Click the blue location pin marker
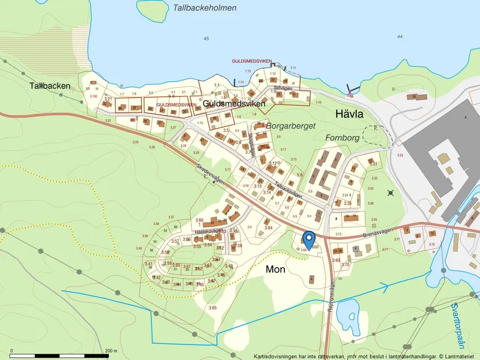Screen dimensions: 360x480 (308, 238)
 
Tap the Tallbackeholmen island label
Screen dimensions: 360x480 (205, 8)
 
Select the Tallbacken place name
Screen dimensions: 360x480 (50, 86)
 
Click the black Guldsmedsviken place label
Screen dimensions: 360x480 (233, 104)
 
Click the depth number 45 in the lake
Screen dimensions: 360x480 (206, 38)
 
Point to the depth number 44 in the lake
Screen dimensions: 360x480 (399, 37)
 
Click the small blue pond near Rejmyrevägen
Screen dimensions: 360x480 (347, 315)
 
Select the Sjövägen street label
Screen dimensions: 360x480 (282, 88)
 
